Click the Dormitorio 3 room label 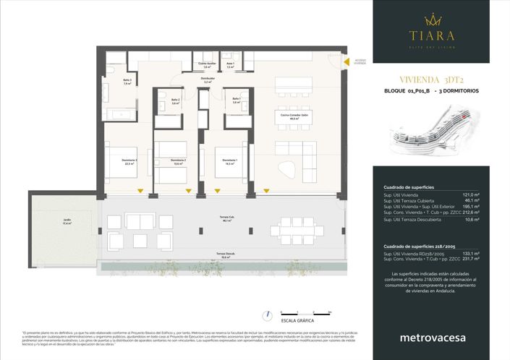click(x=130, y=161)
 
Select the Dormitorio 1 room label click(x=230, y=160)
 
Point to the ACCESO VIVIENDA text click(x=360, y=61)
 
